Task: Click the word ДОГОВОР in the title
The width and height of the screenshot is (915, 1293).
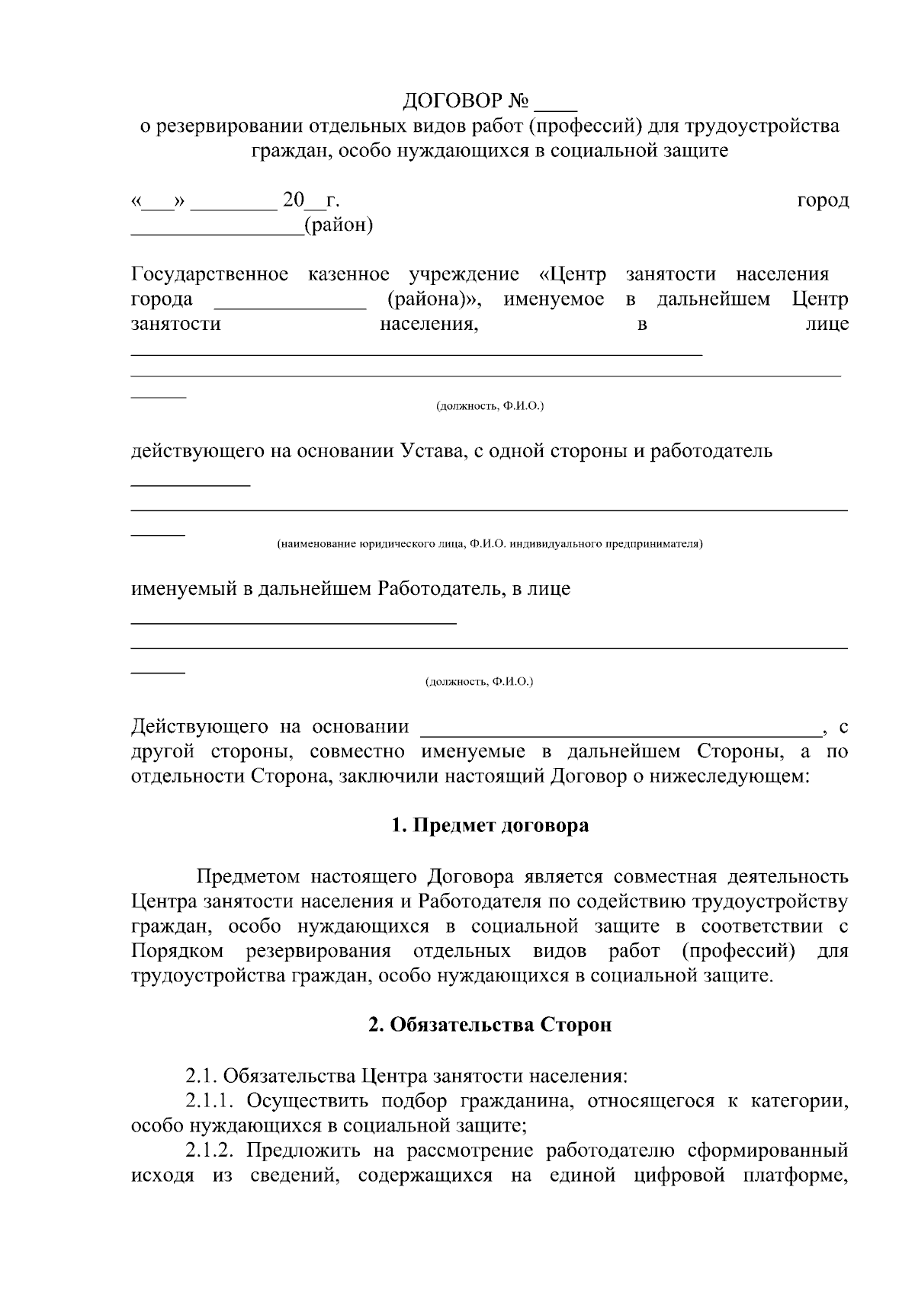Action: click(x=453, y=101)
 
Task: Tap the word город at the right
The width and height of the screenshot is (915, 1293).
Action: click(x=823, y=200)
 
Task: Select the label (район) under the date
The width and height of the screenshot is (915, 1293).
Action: click(x=338, y=226)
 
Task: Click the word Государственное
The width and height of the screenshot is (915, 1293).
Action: click(x=210, y=274)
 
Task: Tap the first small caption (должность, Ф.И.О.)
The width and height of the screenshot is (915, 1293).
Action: click(x=490, y=407)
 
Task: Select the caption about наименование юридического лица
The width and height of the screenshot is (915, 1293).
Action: click(x=490, y=544)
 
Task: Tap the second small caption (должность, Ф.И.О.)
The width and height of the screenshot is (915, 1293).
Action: click(x=479, y=682)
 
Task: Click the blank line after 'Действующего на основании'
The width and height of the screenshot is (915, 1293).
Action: click(x=621, y=730)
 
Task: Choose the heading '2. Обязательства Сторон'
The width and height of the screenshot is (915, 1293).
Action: click(x=490, y=1026)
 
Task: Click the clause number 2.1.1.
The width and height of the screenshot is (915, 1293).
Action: click(x=211, y=1101)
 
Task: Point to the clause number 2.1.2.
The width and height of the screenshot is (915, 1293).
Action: click(x=211, y=1151)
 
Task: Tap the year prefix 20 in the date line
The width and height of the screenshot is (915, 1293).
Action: click(x=293, y=200)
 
